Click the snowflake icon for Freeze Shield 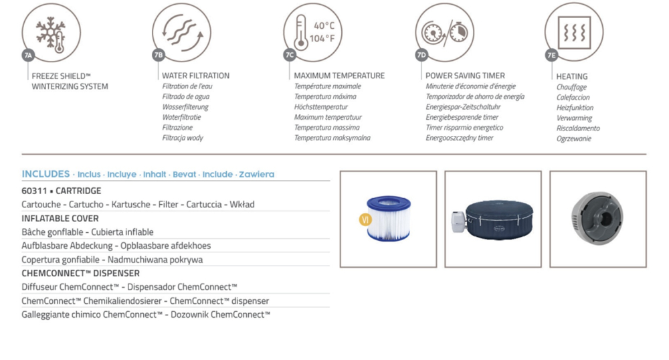[x=50, y=34]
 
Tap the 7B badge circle [x=159, y=55]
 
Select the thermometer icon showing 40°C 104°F [x=301, y=33]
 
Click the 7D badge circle [x=421, y=55]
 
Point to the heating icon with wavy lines [x=574, y=33]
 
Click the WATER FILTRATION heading [x=196, y=76]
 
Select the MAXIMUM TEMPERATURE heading [x=339, y=76]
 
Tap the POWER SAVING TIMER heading [x=465, y=76]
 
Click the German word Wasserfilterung [x=185, y=106]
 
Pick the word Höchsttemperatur [x=321, y=106]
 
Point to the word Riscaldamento [x=578, y=128]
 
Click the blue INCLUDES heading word [x=45, y=174]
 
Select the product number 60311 [x=34, y=191]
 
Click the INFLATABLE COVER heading [x=60, y=218]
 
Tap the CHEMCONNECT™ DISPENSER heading [x=81, y=273]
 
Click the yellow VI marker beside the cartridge [x=365, y=219]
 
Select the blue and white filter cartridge [x=389, y=218]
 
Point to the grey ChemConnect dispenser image [x=597, y=218]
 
